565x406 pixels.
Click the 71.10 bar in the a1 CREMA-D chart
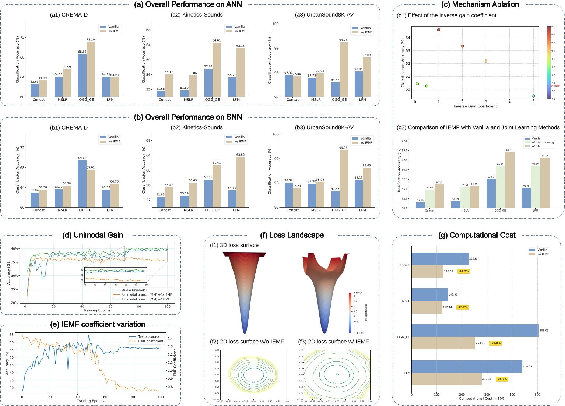(91, 70)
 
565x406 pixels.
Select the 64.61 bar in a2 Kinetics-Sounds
(217, 70)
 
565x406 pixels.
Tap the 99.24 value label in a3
(343, 40)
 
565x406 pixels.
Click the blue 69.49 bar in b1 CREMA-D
(83, 184)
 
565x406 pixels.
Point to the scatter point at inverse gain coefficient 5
(533, 96)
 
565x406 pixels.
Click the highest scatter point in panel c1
(439, 30)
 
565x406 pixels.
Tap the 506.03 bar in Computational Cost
(475, 331)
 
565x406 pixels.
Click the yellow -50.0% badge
(495, 343)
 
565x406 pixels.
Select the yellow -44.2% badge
(463, 271)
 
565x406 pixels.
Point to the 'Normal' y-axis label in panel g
(404, 265)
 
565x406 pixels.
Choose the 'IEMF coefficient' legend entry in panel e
(150, 341)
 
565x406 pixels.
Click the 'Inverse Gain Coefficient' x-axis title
(475, 106)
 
